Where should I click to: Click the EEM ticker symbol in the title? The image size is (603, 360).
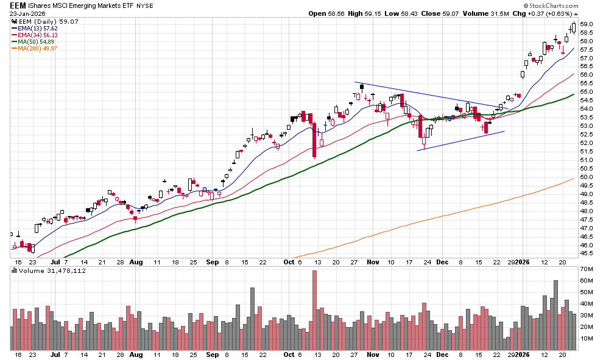point(18,5)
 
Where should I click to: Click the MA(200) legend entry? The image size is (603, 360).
point(40,49)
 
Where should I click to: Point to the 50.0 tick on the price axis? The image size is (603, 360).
point(587,177)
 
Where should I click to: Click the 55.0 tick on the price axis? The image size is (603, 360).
point(587,92)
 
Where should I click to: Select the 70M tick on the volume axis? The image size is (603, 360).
point(587,269)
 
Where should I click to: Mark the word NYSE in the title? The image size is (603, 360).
point(145,5)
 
